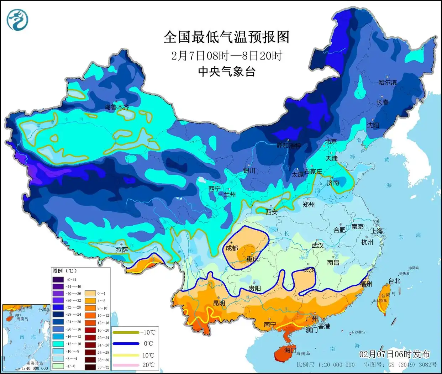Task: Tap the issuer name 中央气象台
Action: [x=227, y=72]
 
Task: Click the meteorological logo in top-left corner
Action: [x=17, y=20]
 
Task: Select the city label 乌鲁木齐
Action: [x=117, y=107]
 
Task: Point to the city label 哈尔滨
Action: [x=387, y=82]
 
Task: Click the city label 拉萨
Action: [x=122, y=250]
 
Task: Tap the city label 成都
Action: [x=232, y=248]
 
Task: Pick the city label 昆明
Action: [x=219, y=303]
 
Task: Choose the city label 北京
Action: [x=331, y=141]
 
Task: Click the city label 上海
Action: [x=377, y=231]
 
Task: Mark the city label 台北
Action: [x=394, y=281]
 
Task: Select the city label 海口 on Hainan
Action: [x=290, y=350]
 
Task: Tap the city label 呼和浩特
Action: [x=289, y=146]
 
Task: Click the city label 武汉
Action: [x=318, y=245]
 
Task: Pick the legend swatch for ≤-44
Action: [x=59, y=280]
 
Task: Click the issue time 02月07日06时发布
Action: [x=394, y=354]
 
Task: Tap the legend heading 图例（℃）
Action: [x=64, y=271]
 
